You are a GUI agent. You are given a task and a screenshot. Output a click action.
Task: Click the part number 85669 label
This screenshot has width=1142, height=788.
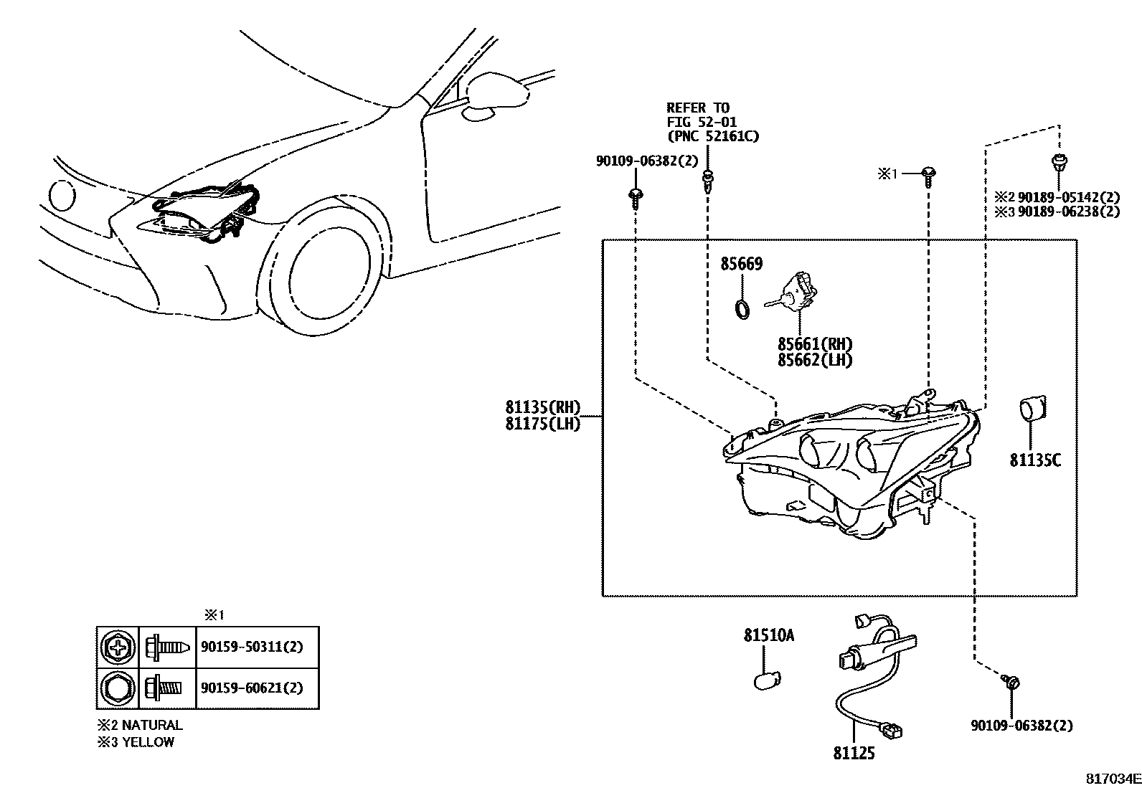point(741,264)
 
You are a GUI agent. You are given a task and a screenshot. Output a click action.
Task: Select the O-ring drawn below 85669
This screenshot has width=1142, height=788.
point(743,309)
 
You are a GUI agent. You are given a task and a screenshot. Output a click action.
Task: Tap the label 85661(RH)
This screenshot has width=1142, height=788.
point(815,344)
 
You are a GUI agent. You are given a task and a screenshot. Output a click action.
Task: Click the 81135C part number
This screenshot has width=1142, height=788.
point(1034,460)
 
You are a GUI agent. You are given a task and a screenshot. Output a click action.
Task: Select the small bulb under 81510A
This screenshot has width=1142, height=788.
point(766,678)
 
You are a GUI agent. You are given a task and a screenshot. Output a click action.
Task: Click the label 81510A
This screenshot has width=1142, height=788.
point(768,636)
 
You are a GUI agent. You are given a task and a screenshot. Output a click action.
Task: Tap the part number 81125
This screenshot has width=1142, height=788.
point(854,753)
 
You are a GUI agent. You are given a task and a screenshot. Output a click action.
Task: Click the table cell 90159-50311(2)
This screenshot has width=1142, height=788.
point(252,647)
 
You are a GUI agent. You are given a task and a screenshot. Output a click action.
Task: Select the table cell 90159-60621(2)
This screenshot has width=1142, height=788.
point(252,688)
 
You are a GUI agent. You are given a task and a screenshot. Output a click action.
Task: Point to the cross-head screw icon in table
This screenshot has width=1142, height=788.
point(116,647)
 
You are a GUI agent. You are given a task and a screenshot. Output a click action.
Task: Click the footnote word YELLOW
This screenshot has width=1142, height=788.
point(148,742)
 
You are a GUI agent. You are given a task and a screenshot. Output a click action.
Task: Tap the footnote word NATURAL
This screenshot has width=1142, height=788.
point(152,725)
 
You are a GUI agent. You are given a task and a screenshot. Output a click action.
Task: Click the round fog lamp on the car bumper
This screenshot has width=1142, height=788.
point(61,194)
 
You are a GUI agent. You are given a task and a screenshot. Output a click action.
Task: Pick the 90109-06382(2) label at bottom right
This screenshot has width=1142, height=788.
point(1021,726)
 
